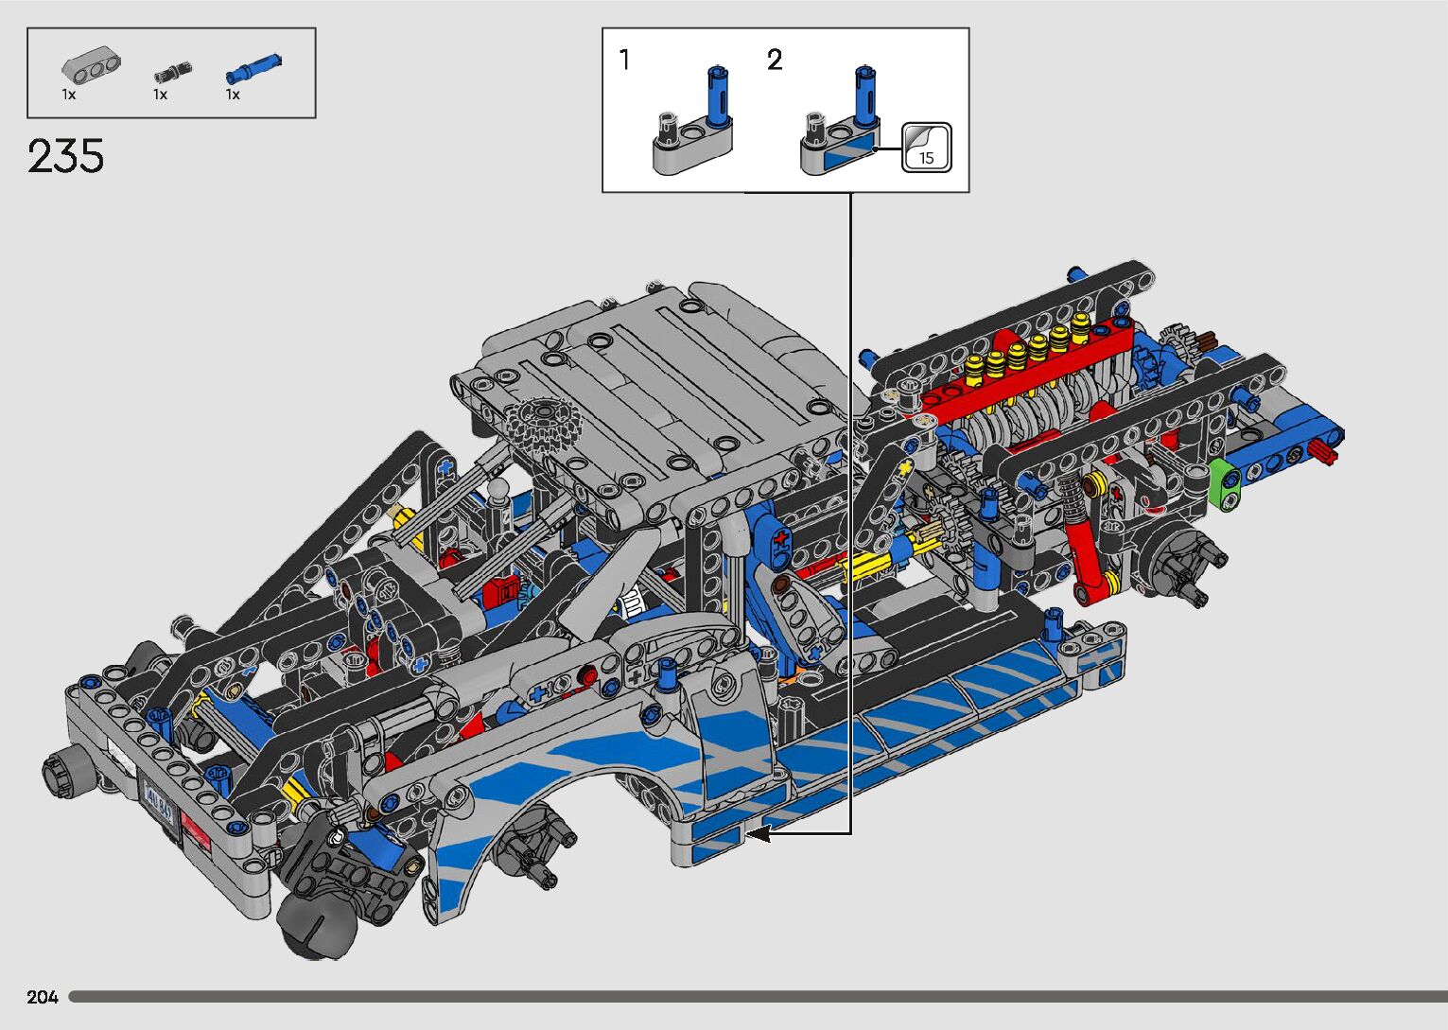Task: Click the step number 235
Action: click(65, 156)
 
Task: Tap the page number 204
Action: click(43, 997)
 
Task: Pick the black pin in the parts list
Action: click(173, 72)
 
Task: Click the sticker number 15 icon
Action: click(926, 148)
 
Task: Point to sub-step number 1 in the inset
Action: click(624, 60)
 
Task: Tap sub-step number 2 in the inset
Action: click(775, 60)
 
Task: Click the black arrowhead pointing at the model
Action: click(758, 834)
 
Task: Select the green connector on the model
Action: click(1224, 484)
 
